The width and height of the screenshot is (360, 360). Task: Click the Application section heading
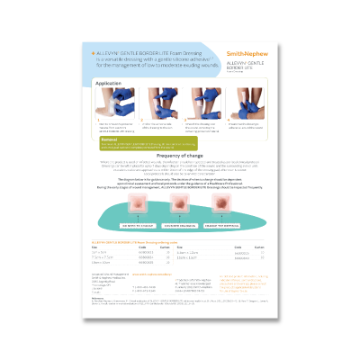pyautogui.click(x=108, y=82)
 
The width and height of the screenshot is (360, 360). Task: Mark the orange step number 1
pyautogui.click(x=97, y=121)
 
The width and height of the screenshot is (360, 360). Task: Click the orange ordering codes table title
pyautogui.click(x=136, y=243)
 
